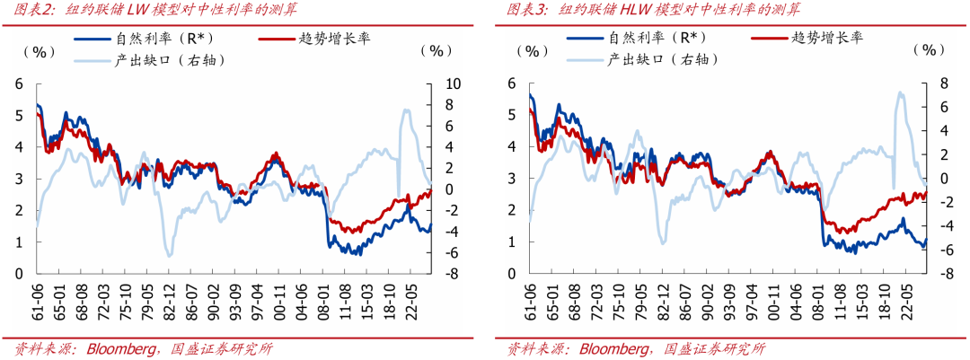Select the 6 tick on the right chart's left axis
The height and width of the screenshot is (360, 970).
click(x=512, y=83)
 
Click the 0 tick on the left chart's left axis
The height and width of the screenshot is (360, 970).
click(x=19, y=273)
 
